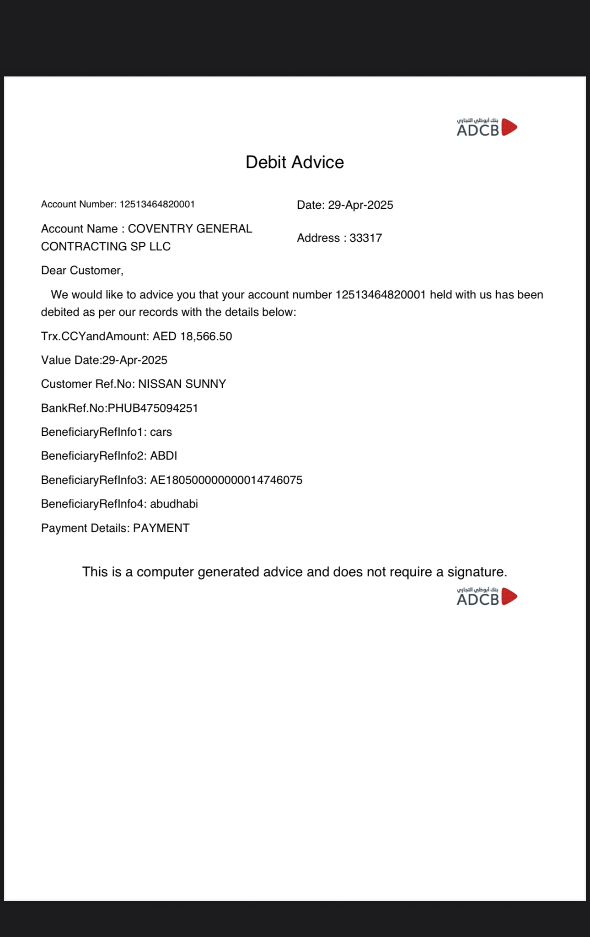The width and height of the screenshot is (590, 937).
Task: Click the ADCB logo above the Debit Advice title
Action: click(x=487, y=127)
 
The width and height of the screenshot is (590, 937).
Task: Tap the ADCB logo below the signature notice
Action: click(x=487, y=597)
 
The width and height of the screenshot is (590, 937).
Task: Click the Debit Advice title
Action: click(x=295, y=162)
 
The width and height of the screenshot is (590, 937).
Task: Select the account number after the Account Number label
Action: click(x=157, y=204)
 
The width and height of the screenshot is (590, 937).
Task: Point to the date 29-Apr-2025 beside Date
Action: click(x=360, y=205)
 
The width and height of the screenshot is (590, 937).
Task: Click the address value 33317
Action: click(x=365, y=238)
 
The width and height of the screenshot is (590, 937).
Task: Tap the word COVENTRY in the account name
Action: click(x=155, y=228)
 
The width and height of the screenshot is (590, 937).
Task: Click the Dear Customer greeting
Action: click(x=82, y=271)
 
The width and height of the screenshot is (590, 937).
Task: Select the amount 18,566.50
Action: click(x=206, y=336)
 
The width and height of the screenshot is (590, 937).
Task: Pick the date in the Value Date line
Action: click(x=135, y=360)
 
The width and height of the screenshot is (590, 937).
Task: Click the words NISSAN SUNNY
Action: click(x=182, y=384)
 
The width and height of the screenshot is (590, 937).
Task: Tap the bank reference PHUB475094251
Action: click(x=153, y=408)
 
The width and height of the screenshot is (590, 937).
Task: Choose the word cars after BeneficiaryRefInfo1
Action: click(x=161, y=432)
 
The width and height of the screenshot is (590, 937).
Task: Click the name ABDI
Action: click(x=163, y=456)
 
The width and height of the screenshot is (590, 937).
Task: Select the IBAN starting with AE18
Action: click(x=226, y=480)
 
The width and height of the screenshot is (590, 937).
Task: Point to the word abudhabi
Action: click(x=174, y=504)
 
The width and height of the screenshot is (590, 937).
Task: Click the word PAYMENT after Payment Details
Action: click(x=161, y=528)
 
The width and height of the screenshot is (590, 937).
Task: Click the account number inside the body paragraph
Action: click(x=381, y=295)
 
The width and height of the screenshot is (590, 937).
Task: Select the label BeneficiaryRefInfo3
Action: click(x=93, y=480)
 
